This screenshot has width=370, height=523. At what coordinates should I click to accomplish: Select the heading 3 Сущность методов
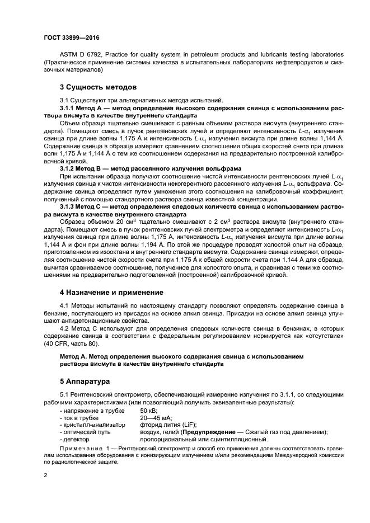click(97, 87)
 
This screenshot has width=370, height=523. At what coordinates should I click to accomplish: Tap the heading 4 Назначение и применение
click(111, 292)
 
